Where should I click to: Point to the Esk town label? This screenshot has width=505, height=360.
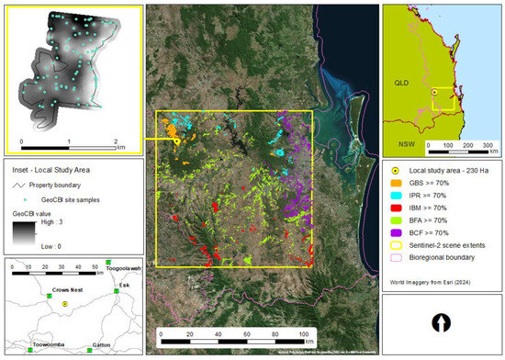[x=124, y=284]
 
